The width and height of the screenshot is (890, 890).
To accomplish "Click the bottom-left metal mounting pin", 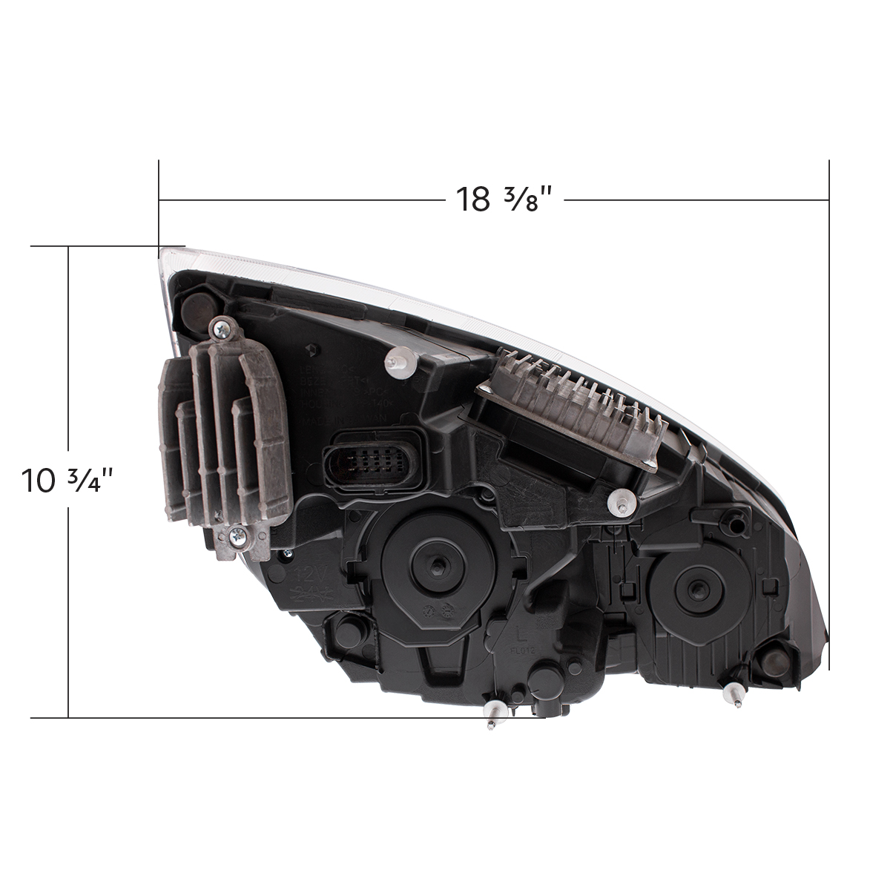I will click(x=492, y=716).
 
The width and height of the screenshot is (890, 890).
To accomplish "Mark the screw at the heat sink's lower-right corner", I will click(x=650, y=464).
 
